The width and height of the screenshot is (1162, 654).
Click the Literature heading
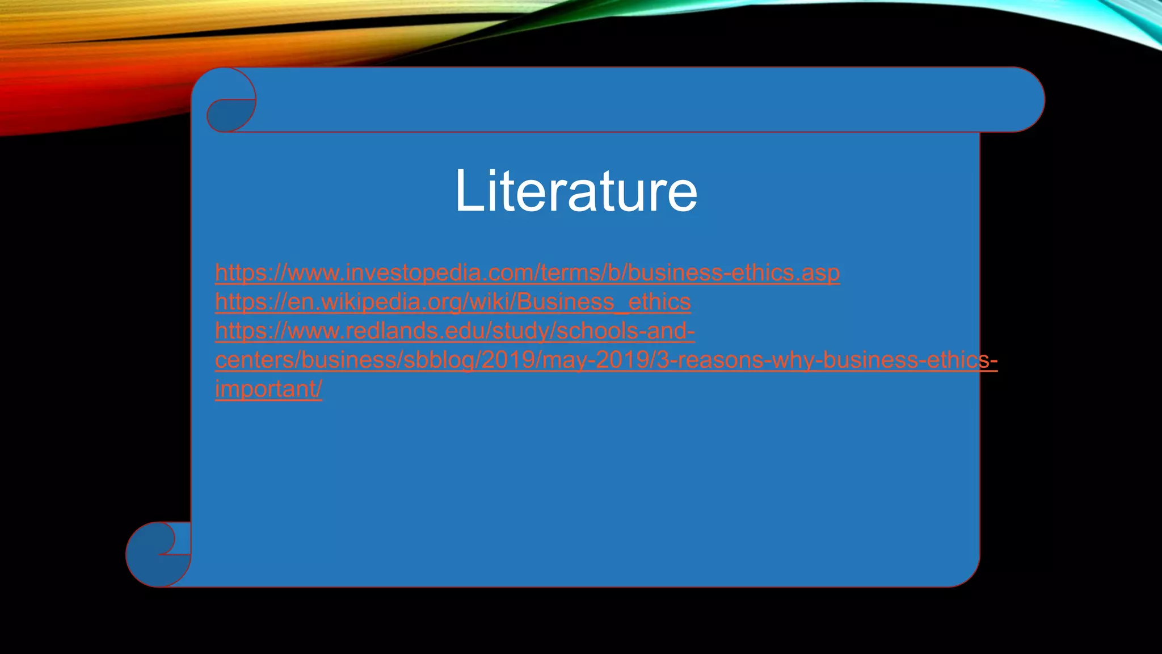tap(576, 191)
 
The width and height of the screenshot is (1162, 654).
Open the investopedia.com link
tap(527, 273)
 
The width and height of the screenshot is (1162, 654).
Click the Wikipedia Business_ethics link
tap(453, 302)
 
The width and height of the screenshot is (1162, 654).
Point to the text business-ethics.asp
tap(734, 273)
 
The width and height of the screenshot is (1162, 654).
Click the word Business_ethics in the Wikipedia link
tap(604, 302)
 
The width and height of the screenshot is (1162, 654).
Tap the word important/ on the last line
tap(268, 389)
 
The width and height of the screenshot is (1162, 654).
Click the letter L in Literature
tap(468, 191)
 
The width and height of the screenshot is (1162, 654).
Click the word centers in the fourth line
tap(255, 360)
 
